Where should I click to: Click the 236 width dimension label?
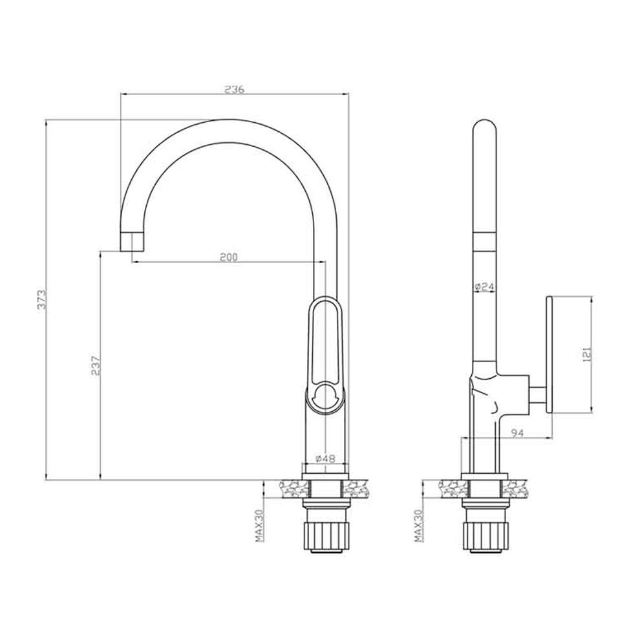pyautogui.click(x=234, y=89)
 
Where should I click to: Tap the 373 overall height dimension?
pyautogui.click(x=43, y=299)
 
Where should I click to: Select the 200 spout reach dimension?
pyautogui.click(x=229, y=257)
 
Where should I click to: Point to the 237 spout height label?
pyautogui.click(x=96, y=365)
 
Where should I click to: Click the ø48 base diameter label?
pyautogui.click(x=325, y=458)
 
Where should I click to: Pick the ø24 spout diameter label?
pyautogui.click(x=485, y=287)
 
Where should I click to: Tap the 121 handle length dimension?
pyautogui.click(x=586, y=355)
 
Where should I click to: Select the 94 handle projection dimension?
pyautogui.click(x=517, y=432)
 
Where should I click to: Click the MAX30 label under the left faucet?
pyautogui.click(x=260, y=526)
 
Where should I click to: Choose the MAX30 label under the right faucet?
pyautogui.click(x=419, y=526)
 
